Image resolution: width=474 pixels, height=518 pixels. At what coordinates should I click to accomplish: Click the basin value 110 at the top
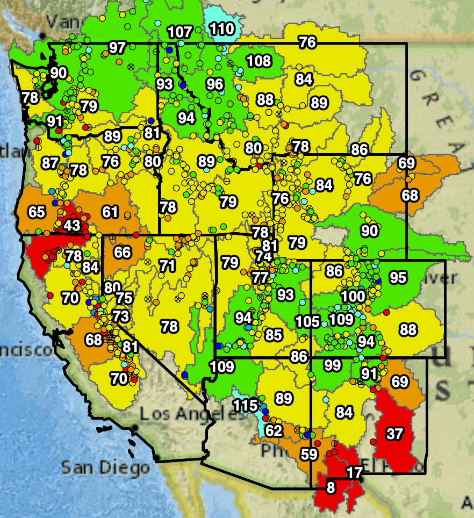click(x=221, y=28)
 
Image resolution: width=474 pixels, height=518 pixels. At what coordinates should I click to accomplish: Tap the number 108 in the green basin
click(x=258, y=60)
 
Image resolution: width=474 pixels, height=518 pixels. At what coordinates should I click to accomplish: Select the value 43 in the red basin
click(x=71, y=225)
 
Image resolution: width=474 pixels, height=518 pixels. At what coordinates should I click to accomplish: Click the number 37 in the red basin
click(x=394, y=434)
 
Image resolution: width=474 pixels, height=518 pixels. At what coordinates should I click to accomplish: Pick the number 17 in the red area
click(x=354, y=473)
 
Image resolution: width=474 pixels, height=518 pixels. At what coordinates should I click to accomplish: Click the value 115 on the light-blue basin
click(x=246, y=405)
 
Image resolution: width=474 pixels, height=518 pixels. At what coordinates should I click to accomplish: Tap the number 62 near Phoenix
click(x=274, y=430)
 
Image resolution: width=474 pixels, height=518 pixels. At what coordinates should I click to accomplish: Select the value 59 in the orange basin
click(x=309, y=454)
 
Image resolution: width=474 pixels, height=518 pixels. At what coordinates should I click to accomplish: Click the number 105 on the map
click(x=307, y=322)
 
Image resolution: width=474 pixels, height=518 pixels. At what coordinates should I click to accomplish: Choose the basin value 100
click(x=353, y=296)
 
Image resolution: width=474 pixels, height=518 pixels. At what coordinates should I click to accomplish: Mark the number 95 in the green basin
click(x=398, y=278)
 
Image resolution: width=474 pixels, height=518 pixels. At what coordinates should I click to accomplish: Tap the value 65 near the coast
click(x=37, y=212)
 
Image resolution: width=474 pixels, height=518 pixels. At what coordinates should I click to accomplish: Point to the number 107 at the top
click(x=179, y=32)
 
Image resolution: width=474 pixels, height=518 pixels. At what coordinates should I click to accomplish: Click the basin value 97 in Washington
click(x=117, y=47)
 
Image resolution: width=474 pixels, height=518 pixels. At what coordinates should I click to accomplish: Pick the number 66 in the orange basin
click(x=123, y=252)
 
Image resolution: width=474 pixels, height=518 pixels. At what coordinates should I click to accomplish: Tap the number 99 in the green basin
click(x=333, y=365)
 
